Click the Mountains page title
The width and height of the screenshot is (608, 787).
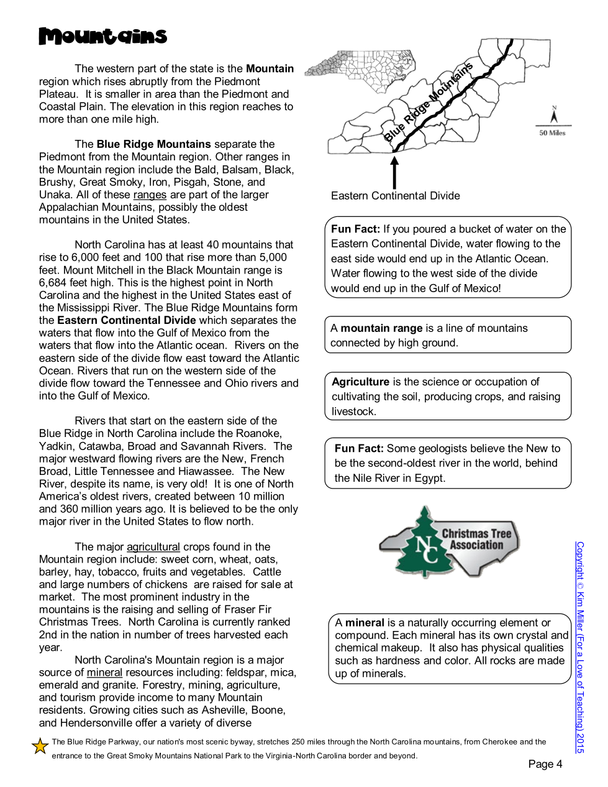point(103,36)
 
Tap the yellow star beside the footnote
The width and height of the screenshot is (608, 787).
point(40,746)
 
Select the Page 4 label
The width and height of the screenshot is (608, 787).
point(545,764)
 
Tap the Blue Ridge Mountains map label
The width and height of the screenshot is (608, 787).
point(428,103)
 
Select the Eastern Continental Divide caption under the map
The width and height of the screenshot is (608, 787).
point(395,196)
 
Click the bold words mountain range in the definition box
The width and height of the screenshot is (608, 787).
point(382,328)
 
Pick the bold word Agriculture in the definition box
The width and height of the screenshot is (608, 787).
point(361,382)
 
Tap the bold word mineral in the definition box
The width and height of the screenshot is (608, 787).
point(365,622)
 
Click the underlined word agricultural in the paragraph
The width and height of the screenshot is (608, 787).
point(153,547)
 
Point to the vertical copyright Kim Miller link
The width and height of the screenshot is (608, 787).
point(579,647)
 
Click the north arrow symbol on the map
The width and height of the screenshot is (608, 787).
point(554,116)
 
